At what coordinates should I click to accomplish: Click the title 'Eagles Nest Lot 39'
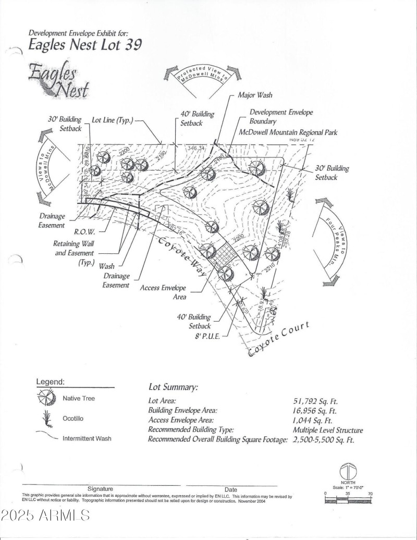tap(84, 45)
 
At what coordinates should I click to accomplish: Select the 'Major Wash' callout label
tap(255, 95)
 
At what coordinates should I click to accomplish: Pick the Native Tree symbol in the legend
tap(46, 399)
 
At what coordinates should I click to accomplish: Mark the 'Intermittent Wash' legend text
tap(87, 438)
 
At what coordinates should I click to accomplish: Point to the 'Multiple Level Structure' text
tap(327, 430)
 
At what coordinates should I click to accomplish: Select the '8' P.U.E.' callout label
tap(207, 336)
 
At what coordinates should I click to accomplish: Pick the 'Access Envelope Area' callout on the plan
tap(163, 291)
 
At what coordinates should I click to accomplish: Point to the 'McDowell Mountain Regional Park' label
tap(288, 132)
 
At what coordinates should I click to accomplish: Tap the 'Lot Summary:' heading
tap(173, 387)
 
